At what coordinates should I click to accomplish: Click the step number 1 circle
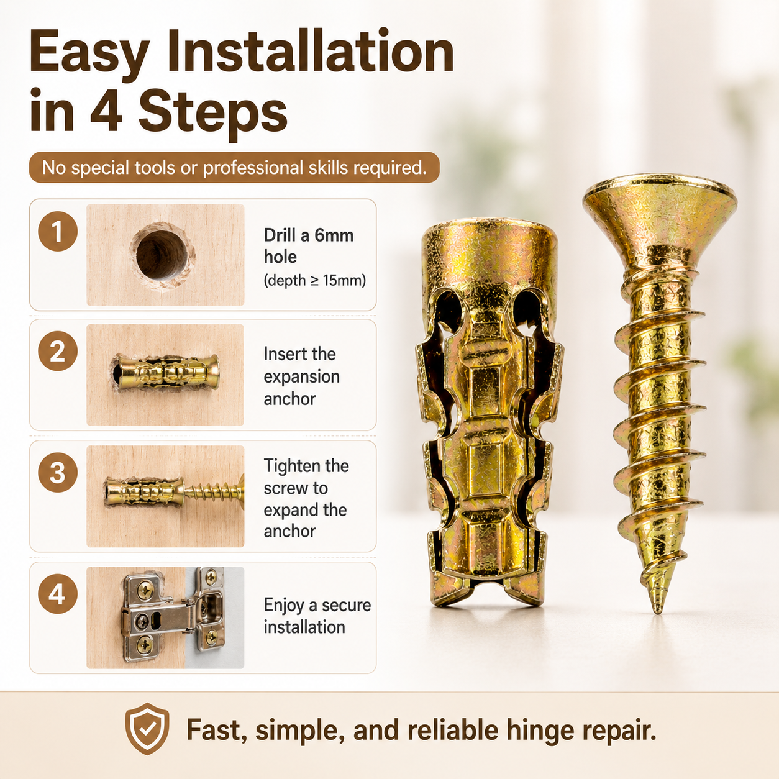click(x=58, y=231)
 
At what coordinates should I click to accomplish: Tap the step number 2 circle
click(x=58, y=351)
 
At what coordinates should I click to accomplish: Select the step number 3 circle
click(x=58, y=472)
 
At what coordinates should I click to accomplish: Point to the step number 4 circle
click(x=58, y=594)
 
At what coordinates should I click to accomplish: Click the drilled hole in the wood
click(x=162, y=255)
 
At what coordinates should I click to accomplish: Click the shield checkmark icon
click(x=147, y=729)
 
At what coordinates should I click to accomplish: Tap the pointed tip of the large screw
click(x=658, y=612)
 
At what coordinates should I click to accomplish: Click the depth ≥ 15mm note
click(x=315, y=280)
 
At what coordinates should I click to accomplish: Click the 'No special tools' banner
click(x=234, y=167)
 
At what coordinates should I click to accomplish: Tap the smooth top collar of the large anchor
click(x=490, y=250)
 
